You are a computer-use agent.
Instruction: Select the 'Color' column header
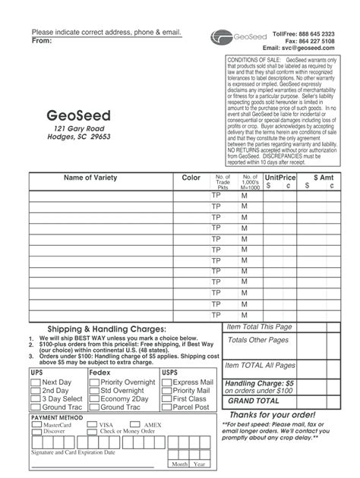point(191,178)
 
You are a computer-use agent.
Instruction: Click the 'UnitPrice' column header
point(280,177)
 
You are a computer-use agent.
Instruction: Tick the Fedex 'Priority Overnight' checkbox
point(93,382)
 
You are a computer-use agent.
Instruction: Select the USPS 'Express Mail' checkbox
point(166,382)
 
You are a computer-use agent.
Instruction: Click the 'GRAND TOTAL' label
point(254,400)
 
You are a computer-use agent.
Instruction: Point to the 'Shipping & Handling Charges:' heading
point(107,329)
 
